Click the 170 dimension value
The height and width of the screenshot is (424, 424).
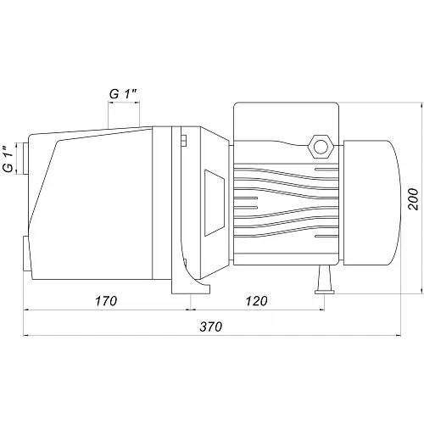[106, 301]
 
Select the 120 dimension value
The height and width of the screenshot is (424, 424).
[256, 301]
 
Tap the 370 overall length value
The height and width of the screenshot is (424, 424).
[211, 326]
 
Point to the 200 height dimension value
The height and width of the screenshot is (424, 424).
[414, 199]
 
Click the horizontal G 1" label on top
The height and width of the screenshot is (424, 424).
[123, 94]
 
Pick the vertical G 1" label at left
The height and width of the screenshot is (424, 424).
[8, 159]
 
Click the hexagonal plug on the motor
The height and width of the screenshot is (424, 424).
[321, 147]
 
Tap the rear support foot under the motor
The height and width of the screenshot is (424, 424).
[325, 280]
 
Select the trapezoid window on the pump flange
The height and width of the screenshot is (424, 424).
[215, 203]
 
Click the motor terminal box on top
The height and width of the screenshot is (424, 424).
[287, 122]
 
